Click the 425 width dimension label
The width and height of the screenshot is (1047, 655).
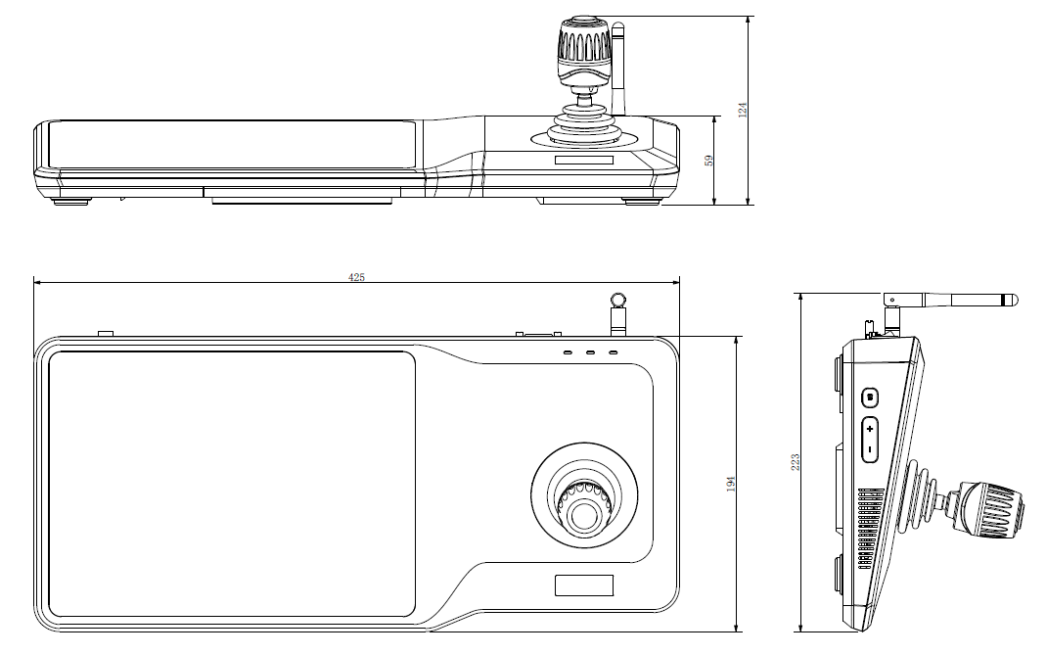point(357,277)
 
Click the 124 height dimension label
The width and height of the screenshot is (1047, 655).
point(743,110)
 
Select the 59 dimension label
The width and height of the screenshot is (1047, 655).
point(710,159)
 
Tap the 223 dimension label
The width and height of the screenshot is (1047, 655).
point(795,460)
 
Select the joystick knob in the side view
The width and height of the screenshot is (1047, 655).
point(990,509)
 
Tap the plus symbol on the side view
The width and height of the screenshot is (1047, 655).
point(870,429)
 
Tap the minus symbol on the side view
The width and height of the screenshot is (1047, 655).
point(870,450)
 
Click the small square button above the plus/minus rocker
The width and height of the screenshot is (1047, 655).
point(870,397)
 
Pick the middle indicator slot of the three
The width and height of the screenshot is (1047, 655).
point(590,351)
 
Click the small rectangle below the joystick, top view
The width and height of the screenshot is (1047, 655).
point(584,585)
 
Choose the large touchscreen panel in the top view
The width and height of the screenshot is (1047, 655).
point(232,484)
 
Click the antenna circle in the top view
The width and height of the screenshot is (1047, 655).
point(617,300)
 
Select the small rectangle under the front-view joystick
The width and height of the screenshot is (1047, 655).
point(583,160)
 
